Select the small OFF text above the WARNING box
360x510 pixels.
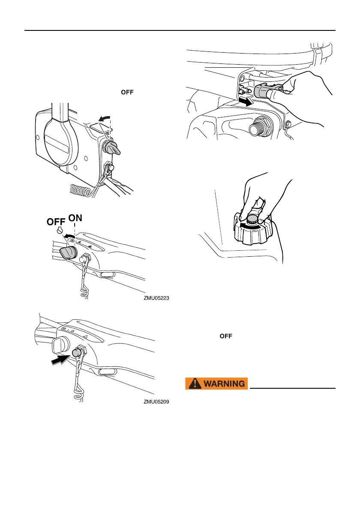(x=226, y=336)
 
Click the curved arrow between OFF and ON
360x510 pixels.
(x=69, y=235)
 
